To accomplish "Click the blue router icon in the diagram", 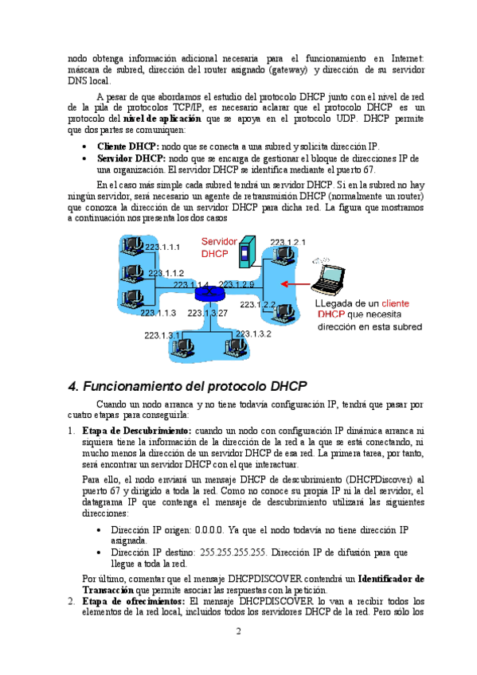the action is click(209, 294).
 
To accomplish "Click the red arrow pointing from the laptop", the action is click(295, 283).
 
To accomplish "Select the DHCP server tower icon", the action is click(248, 252).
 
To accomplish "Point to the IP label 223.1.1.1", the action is click(162, 247).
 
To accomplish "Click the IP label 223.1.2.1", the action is click(287, 242).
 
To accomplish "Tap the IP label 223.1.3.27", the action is click(207, 313).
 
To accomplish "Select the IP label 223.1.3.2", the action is click(253, 334).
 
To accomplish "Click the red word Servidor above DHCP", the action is click(219, 241).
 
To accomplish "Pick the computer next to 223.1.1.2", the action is click(132, 272).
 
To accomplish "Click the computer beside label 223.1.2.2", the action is click(284, 312).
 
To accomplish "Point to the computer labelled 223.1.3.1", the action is click(182, 347).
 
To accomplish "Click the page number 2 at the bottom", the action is click(239, 631).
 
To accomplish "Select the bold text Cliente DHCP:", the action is click(128, 146).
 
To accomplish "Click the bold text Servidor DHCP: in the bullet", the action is click(131, 158).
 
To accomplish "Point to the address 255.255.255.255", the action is click(233, 552).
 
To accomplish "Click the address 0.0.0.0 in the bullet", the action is click(209, 530).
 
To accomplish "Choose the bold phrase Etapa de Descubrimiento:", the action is click(137, 431).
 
